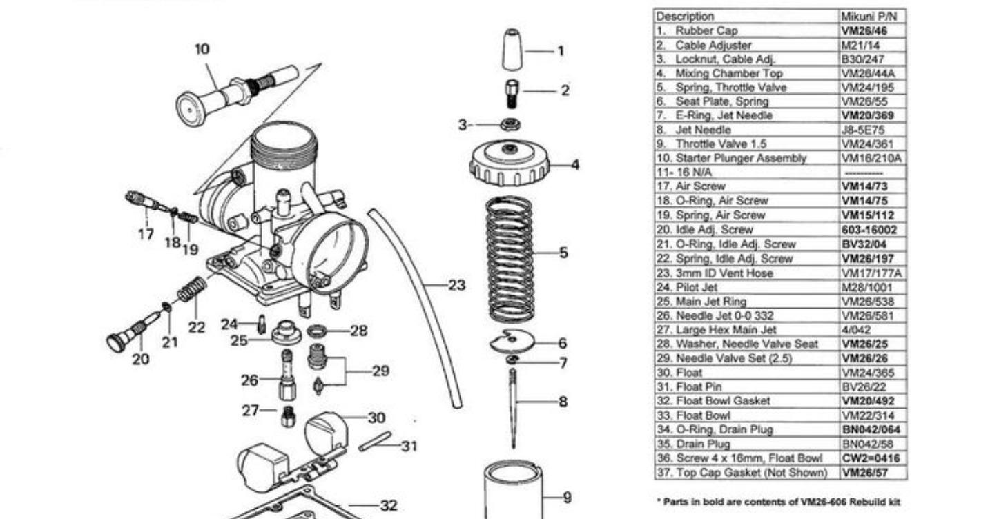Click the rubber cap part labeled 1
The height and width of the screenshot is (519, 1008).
511,50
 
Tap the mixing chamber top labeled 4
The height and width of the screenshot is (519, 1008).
510,164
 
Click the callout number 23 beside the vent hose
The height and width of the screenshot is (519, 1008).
456,285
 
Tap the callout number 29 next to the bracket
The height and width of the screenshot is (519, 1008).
380,371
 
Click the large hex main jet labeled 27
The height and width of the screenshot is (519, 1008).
288,416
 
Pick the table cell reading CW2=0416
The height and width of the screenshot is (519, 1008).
871,458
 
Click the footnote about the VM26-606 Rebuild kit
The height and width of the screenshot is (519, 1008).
777,502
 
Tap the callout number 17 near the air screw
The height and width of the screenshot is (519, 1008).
146,234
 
